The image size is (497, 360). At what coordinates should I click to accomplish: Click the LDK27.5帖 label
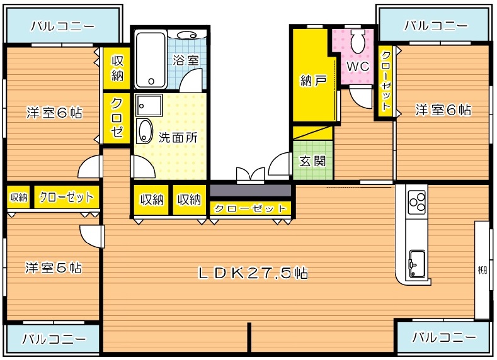(x=253, y=273)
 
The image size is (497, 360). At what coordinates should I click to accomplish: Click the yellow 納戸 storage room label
(x=312, y=81)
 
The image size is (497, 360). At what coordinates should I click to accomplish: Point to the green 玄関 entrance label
(x=312, y=160)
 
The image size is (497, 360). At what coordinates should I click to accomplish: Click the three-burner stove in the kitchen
(x=416, y=202)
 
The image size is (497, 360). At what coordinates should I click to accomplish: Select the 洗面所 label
(x=178, y=138)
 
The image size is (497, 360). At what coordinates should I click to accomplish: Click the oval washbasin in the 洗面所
(x=145, y=131)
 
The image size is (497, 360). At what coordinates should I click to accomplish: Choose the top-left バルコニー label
(x=62, y=26)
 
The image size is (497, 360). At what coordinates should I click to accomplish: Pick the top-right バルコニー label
(x=436, y=26)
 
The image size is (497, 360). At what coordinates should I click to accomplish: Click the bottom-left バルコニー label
(x=54, y=339)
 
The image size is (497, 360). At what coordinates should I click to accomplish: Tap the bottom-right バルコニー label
(x=444, y=337)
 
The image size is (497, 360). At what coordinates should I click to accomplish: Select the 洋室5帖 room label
(x=54, y=267)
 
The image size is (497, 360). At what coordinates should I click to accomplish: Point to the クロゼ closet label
(x=117, y=118)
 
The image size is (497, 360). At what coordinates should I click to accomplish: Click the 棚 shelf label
(x=482, y=271)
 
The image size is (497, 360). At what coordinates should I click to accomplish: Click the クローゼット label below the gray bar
(x=250, y=209)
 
